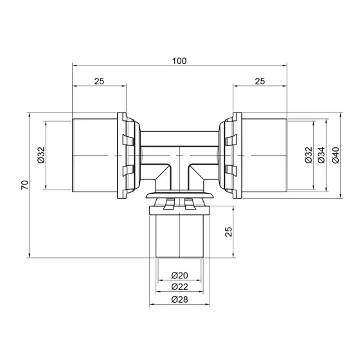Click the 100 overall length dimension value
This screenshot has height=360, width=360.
[179, 60]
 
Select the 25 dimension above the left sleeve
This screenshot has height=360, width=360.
[99, 82]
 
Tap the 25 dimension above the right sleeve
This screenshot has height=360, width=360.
[260, 82]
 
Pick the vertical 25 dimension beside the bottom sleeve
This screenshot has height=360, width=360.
[229, 232]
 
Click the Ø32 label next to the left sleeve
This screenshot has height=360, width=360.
[40, 156]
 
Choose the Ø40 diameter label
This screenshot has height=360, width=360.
[335, 156]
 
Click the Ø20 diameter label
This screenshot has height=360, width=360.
[179, 275]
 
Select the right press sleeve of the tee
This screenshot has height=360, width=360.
[264, 156]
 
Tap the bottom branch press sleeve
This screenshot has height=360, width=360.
[179, 238]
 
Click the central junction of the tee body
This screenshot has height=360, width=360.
[179, 157]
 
